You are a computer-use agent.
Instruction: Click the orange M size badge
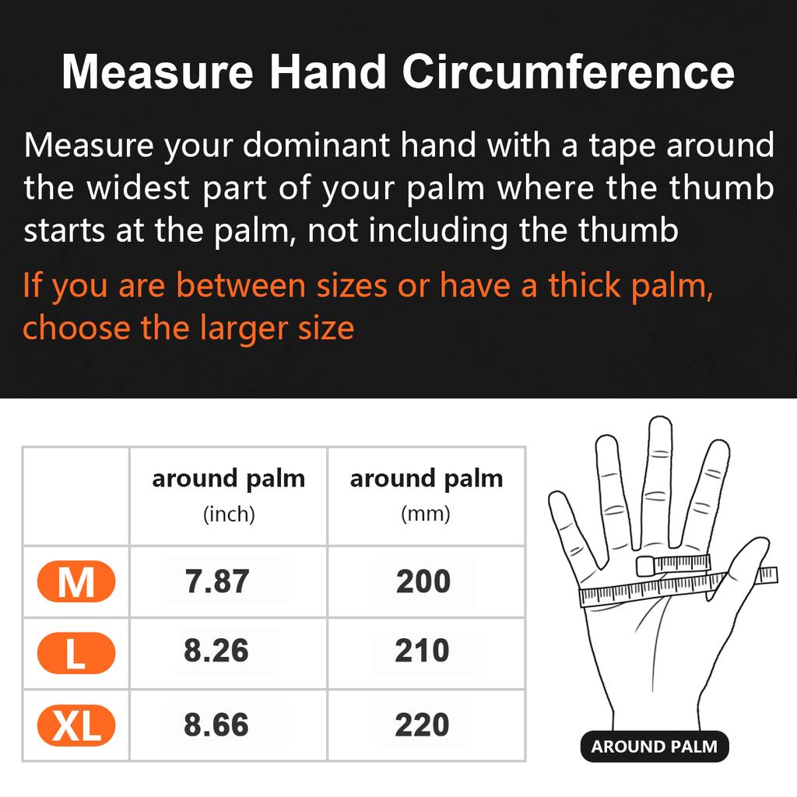pyautogui.click(x=75, y=582)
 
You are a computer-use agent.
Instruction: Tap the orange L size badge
pyautogui.click(x=75, y=654)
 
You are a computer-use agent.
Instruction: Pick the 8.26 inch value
pyautogui.click(x=216, y=651)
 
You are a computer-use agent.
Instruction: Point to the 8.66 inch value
pyautogui.click(x=216, y=725)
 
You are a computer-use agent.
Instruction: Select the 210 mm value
pyautogui.click(x=422, y=651)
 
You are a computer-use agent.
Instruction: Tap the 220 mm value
pyautogui.click(x=422, y=725)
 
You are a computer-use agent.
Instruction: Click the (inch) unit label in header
pyautogui.click(x=228, y=514)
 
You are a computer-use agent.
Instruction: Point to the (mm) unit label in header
pyautogui.click(x=426, y=514)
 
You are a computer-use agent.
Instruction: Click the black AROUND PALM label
pyautogui.click(x=654, y=747)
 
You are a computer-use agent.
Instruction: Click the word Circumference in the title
pyautogui.click(x=568, y=72)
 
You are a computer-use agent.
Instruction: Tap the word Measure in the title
pyautogui.click(x=157, y=72)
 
